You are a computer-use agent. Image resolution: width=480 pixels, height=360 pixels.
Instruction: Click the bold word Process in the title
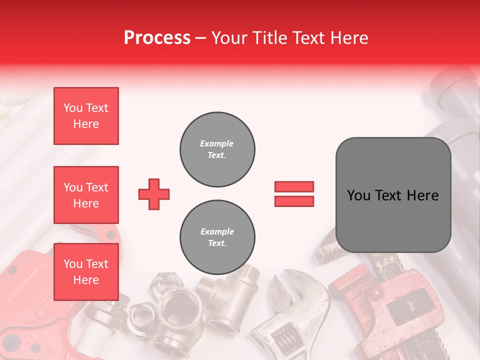(x=157, y=37)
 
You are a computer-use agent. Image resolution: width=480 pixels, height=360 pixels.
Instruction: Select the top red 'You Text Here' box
(x=86, y=116)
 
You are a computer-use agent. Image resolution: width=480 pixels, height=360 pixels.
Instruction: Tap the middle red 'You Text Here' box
(x=86, y=195)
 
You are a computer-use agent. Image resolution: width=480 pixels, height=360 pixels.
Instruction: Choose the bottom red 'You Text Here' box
(x=86, y=272)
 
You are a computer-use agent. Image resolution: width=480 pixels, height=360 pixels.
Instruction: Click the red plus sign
(x=154, y=194)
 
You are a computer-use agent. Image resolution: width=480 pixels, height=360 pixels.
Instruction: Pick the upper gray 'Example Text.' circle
(x=217, y=149)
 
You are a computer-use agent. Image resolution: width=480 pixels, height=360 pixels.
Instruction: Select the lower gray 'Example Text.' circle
(x=217, y=237)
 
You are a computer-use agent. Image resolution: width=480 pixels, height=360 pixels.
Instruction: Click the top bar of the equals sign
(x=294, y=187)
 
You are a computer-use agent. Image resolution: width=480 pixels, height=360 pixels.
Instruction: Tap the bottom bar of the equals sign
(x=294, y=201)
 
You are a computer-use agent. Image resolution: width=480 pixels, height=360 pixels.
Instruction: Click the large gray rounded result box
(x=393, y=194)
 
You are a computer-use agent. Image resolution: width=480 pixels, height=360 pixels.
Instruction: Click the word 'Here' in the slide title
(x=350, y=37)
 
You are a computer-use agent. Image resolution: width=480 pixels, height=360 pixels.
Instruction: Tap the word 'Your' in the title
(x=229, y=37)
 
